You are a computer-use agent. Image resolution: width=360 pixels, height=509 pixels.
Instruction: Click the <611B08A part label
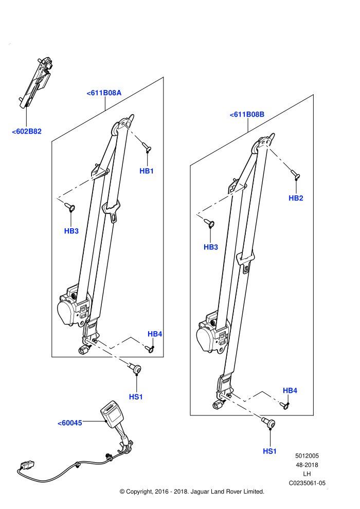click(x=104, y=93)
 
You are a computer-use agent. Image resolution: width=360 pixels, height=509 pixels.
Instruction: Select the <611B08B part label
click(x=247, y=114)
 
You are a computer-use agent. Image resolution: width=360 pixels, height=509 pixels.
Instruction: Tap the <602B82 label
click(x=27, y=132)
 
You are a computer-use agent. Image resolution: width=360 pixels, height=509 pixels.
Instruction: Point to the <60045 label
click(x=70, y=423)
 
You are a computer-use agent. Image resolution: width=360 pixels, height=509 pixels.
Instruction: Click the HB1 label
click(x=147, y=171)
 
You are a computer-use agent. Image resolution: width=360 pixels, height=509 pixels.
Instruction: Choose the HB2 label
click(x=296, y=198)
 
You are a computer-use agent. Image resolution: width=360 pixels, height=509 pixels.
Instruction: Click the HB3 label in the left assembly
click(x=71, y=231)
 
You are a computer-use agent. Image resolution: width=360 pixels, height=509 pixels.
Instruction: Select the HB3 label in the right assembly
click(x=211, y=247)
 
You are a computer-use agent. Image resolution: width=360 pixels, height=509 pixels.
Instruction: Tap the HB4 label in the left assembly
click(x=155, y=334)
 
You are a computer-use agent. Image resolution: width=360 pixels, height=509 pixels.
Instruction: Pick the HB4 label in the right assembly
click(x=290, y=391)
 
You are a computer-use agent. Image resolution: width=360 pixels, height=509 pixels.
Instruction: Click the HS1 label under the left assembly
click(x=136, y=397)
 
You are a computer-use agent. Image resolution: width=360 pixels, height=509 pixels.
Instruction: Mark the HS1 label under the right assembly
click(x=270, y=451)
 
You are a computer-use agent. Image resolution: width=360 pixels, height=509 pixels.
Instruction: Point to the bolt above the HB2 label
click(x=295, y=175)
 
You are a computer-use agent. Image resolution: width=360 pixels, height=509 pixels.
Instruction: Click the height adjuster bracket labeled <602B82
click(x=35, y=83)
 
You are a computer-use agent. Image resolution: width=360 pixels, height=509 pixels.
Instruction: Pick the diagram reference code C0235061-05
click(x=307, y=483)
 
